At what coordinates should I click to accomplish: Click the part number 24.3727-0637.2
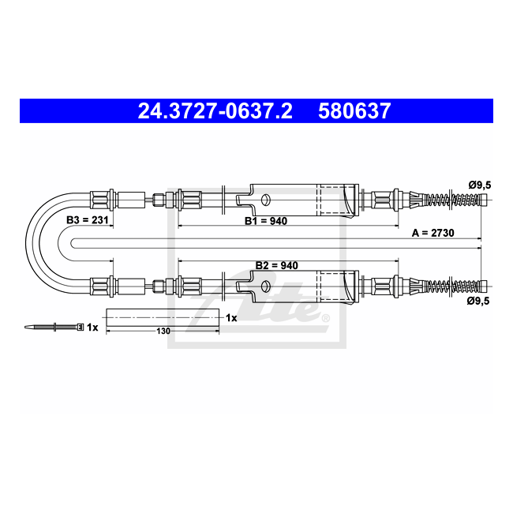point(215,111)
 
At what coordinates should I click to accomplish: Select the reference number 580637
point(354,111)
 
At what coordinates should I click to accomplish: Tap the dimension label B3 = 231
point(88,220)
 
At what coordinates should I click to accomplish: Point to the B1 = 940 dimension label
point(266,221)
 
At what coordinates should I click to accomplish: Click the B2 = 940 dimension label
point(277,265)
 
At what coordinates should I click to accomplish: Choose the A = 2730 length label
point(432,233)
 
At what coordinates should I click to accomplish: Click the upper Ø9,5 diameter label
point(480,185)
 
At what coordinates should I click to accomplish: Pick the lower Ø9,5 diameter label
point(478,301)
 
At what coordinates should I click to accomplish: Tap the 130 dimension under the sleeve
point(163,331)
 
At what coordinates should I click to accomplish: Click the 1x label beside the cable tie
point(92,328)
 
